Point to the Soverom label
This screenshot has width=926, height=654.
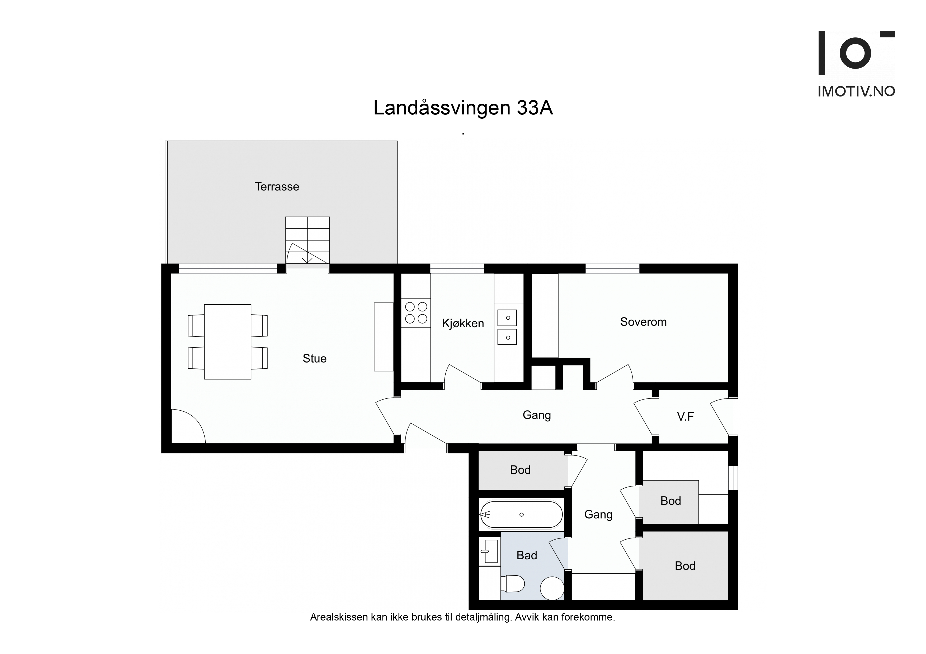tap(643, 322)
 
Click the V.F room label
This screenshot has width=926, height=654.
tap(686, 417)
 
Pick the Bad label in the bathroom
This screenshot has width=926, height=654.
tap(527, 555)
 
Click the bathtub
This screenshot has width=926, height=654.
tap(521, 514)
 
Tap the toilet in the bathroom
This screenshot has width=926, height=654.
tap(513, 584)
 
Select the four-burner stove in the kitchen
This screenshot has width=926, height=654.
tap(416, 313)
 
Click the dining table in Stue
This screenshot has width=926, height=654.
tap(228, 342)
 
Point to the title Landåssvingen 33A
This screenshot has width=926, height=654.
tap(463, 108)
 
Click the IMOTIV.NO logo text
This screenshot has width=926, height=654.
tap(856, 92)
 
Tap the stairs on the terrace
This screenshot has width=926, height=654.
tap(307, 240)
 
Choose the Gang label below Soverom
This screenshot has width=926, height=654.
tap(537, 415)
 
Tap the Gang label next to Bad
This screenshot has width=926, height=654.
tap(598, 514)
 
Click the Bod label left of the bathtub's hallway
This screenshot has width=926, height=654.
tap(520, 470)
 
